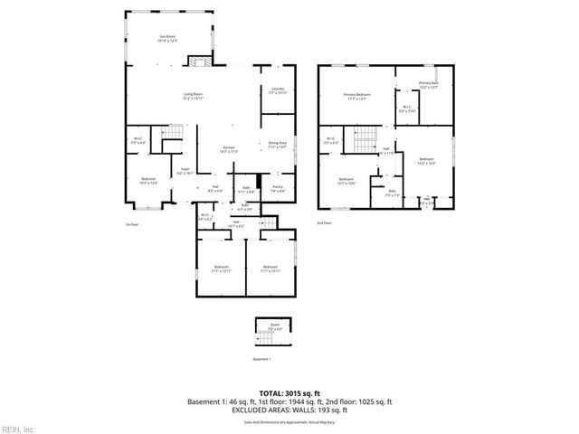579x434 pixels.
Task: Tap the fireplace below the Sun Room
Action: (x=198, y=61)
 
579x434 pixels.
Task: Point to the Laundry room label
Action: (x=277, y=90)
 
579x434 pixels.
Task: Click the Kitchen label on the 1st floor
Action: (x=229, y=149)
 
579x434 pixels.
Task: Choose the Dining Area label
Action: (x=277, y=144)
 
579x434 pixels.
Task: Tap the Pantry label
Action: (x=278, y=189)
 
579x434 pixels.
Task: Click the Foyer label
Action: (x=184, y=170)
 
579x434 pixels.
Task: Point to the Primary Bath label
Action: (x=428, y=85)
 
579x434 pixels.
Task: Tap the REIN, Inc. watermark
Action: (x=18, y=428)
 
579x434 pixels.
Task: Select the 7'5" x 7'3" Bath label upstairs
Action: (x=392, y=193)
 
